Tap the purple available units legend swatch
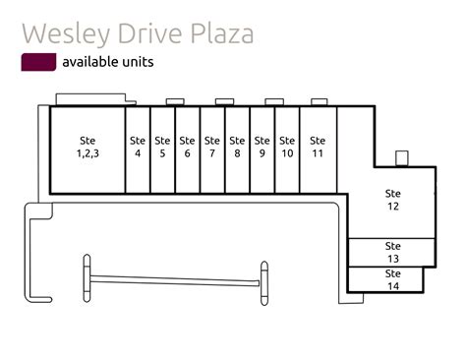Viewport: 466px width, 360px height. (x=38, y=62)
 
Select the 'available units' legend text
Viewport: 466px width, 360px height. (x=107, y=62)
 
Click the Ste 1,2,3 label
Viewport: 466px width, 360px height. (x=87, y=148)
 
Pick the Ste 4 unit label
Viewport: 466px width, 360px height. (x=138, y=148)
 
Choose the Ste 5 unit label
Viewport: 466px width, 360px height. (x=162, y=148)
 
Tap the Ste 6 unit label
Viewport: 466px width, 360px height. (x=188, y=148)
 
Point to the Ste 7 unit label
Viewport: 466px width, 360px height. (x=212, y=148)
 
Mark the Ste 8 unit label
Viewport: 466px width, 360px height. (x=237, y=148)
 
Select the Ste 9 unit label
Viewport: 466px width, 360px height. (x=262, y=148)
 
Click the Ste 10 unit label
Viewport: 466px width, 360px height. (x=287, y=148)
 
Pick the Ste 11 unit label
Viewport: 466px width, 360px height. (x=318, y=148)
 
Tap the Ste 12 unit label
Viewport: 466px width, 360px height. (x=393, y=200)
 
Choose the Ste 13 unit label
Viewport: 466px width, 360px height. (x=393, y=252)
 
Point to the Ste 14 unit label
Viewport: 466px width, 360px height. (x=393, y=279)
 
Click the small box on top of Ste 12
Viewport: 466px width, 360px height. (x=401, y=158)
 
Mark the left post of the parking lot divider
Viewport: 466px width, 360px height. (x=87, y=279)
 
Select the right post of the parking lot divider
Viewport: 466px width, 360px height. (x=263, y=284)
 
